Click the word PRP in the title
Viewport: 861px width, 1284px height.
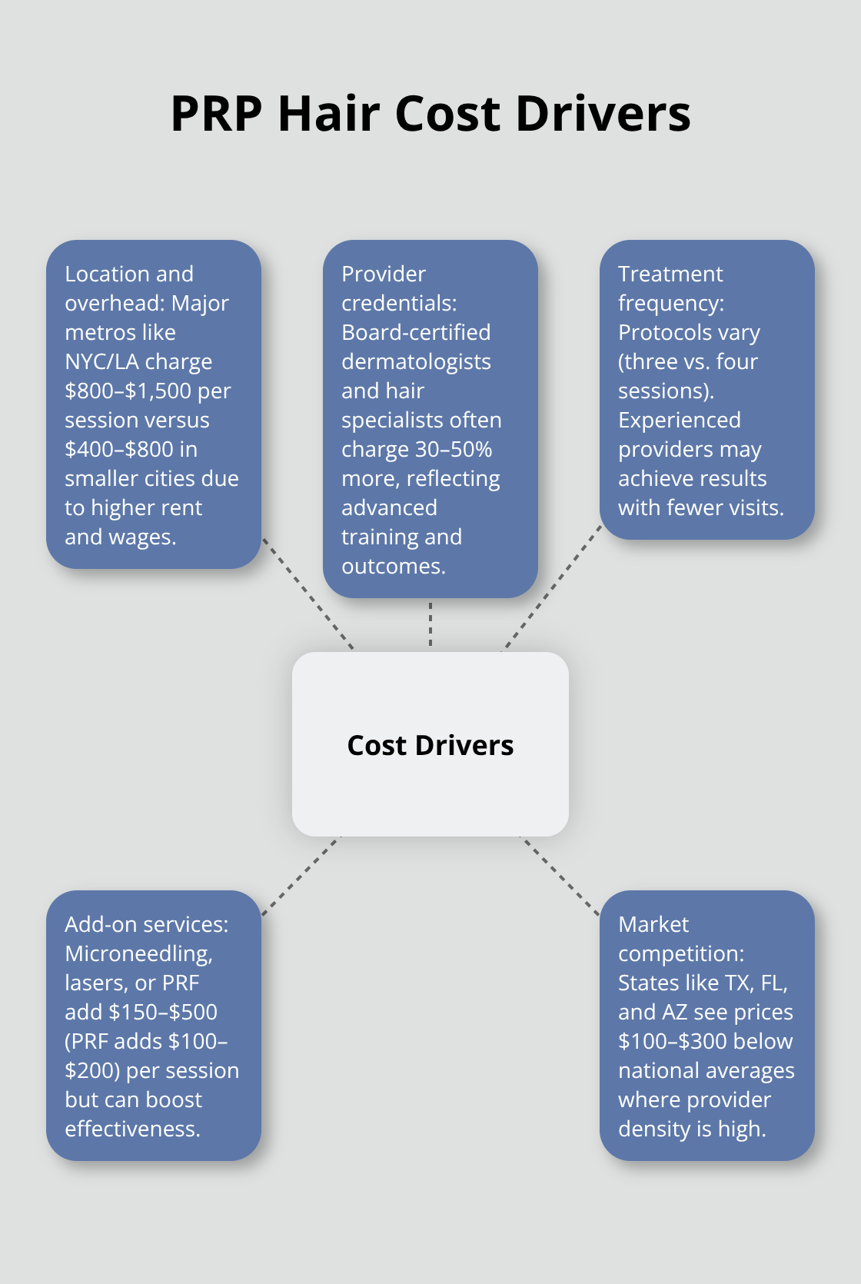(216, 114)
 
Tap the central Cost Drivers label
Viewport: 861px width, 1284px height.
(430, 745)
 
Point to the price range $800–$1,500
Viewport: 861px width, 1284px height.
(128, 391)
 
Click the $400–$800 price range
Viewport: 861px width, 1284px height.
(119, 449)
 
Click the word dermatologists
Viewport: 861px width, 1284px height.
(416, 361)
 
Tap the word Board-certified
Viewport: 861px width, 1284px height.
(416, 332)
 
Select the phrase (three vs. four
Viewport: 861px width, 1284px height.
(687, 361)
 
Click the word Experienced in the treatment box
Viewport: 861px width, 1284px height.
(679, 420)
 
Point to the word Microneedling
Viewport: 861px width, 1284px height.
(138, 953)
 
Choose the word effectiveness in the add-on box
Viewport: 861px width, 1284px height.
(131, 1129)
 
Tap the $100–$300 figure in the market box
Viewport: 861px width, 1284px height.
(672, 1041)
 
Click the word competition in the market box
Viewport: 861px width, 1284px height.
(680, 953)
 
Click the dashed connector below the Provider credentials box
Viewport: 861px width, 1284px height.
(430, 624)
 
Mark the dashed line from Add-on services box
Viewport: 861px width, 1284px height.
(301, 876)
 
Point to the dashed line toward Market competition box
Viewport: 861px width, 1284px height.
(560, 876)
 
